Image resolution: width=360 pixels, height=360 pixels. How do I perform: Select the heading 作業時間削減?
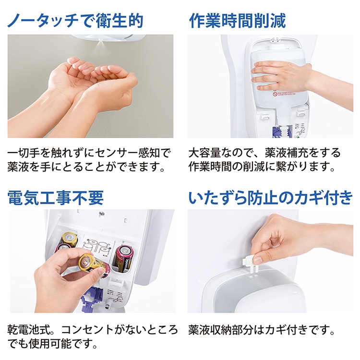[237, 21]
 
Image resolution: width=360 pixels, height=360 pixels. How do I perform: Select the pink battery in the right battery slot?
[122, 257]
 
